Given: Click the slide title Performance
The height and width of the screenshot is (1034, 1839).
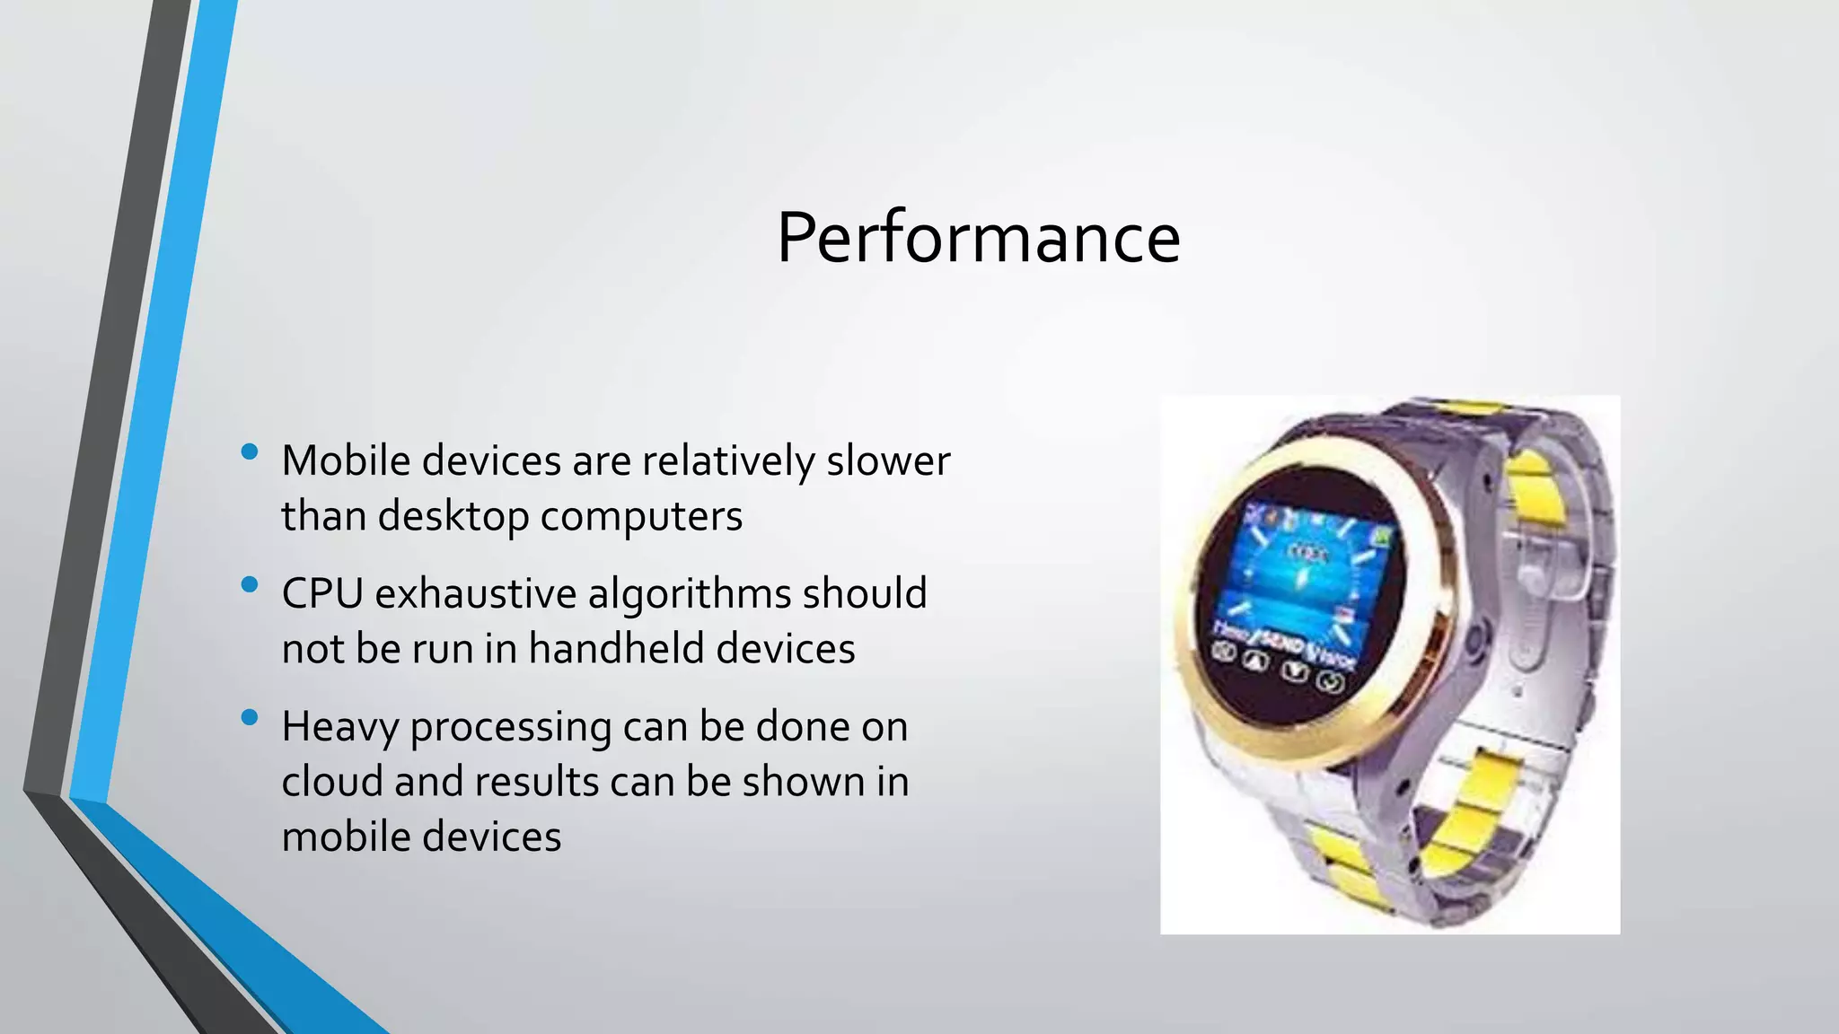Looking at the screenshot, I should click(x=978, y=238).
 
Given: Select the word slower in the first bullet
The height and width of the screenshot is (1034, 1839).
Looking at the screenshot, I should click(x=887, y=461).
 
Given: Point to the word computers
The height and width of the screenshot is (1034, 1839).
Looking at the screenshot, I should click(x=641, y=517).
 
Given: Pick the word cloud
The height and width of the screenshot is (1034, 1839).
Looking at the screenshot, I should click(x=331, y=782).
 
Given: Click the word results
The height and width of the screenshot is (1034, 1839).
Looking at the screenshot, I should click(x=535, y=782).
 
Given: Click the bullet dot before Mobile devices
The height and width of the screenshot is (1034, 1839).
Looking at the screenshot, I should click(x=250, y=452).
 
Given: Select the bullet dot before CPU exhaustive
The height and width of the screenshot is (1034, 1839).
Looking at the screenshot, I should click(x=250, y=585).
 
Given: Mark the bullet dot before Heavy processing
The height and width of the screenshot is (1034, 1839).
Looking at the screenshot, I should click(x=250, y=717).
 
